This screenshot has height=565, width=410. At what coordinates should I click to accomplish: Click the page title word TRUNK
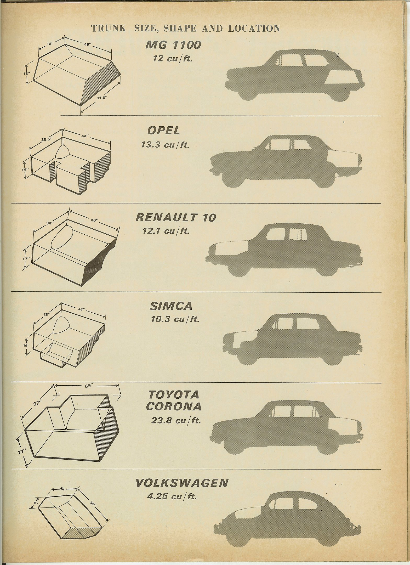pos(108,28)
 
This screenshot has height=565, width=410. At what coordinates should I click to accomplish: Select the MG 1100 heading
pos(173,45)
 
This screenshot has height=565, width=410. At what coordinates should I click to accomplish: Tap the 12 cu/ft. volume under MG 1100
pos(173,58)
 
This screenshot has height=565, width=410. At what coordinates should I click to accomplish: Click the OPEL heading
pos(164,131)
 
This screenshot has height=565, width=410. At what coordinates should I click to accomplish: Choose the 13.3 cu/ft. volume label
pos(165,144)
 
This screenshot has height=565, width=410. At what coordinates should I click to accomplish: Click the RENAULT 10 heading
pos(176,217)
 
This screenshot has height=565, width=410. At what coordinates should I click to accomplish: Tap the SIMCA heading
pos(171,306)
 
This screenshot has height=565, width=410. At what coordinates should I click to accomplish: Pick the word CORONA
pos(174,406)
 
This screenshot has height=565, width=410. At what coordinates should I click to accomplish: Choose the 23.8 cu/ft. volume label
pos(176,421)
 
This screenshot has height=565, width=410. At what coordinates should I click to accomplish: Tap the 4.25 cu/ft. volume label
pos(172,497)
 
